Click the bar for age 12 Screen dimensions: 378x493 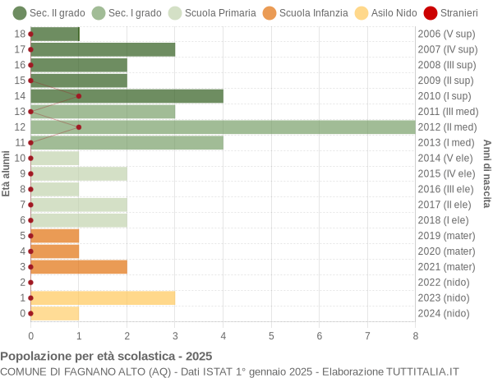point(223,127)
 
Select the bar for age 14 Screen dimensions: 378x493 point(127,96)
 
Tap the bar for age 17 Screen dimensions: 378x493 point(103,49)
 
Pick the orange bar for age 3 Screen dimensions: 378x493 point(79,266)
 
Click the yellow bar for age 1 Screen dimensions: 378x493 point(103,297)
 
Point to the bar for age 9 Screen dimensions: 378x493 point(79,173)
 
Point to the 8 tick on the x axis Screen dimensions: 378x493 point(415,335)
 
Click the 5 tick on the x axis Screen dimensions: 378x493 point(271,335)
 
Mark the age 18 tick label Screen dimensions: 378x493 point(20,34)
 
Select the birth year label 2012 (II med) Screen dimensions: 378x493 point(447,127)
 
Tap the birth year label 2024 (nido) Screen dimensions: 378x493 point(444,313)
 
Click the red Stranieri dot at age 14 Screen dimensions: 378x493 point(79,96)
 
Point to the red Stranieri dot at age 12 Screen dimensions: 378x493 point(79,127)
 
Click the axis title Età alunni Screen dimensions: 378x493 point(7,173)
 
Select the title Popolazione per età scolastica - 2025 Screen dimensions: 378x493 point(106,357)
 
